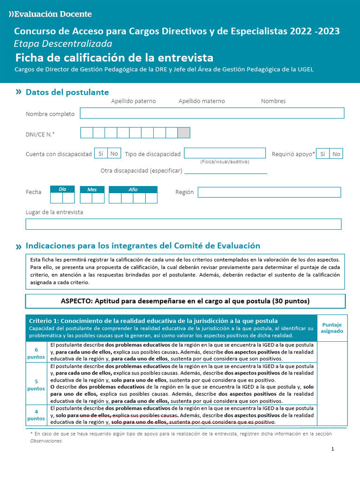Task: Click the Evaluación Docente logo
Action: click(50, 14)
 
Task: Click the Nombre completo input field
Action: click(212, 113)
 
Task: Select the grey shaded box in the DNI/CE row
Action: click(184, 133)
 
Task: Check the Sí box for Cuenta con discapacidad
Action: click(101, 153)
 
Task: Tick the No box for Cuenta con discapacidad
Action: click(114, 153)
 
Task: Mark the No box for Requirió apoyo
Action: click(336, 154)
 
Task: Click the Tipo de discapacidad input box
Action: click(225, 153)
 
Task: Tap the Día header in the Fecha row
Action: click(62, 189)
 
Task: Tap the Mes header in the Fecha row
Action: click(92, 189)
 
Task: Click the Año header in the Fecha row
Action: click(133, 189)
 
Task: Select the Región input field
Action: click(269, 192)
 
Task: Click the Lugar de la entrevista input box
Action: click(183, 224)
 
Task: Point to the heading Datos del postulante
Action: click(67, 92)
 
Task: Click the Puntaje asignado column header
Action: click(331, 328)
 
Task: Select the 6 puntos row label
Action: click(37, 353)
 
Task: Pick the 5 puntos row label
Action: click(37, 385)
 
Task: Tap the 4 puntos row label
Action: click(37, 415)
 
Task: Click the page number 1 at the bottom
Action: click(332, 449)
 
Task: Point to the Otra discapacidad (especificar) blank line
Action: click(225, 172)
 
